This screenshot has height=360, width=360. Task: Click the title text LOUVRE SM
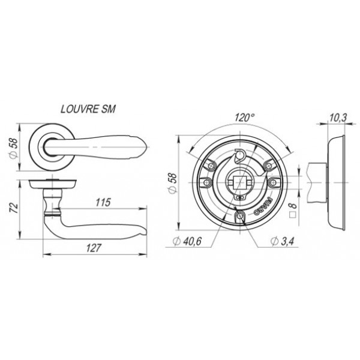point(88,109)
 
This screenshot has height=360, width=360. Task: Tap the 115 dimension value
point(103,202)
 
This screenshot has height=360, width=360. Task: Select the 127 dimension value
point(94,248)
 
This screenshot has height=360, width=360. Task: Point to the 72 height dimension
point(14,208)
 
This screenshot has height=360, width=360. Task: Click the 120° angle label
point(245,118)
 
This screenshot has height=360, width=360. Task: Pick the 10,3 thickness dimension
point(338,118)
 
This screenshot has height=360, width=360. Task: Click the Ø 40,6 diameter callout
point(187,241)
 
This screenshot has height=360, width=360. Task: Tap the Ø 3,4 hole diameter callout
point(282,241)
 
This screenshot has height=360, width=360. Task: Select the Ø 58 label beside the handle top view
point(13,148)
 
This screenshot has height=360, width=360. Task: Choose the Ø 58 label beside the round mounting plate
point(173,184)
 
